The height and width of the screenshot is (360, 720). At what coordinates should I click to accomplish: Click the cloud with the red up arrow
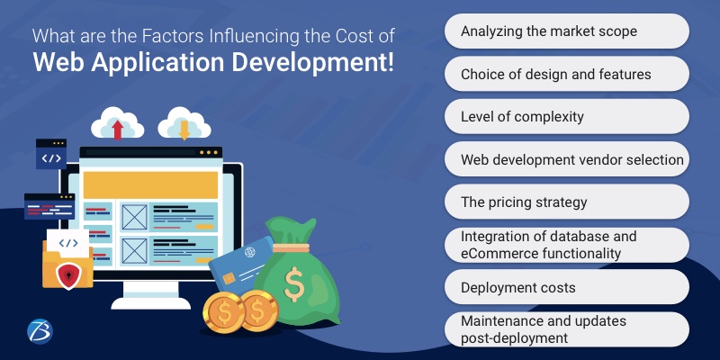pos(117,124)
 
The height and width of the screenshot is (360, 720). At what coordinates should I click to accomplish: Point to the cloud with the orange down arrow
pos(183,124)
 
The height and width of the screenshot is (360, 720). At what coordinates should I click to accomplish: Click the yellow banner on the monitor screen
pos(150,184)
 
